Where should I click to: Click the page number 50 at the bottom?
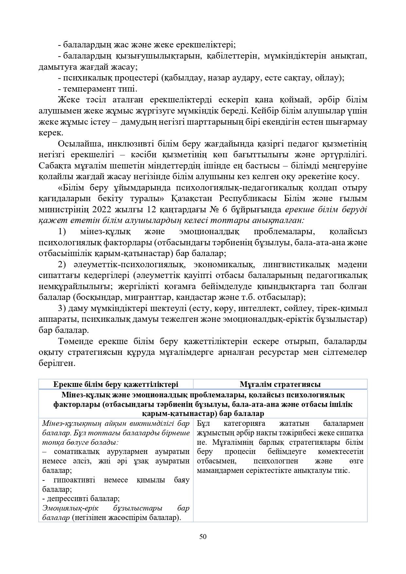click(203, 536)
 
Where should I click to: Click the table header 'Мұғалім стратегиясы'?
click(280, 384)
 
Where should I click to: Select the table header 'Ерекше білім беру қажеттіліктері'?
click(116, 384)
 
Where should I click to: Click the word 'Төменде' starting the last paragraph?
click(76, 341)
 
